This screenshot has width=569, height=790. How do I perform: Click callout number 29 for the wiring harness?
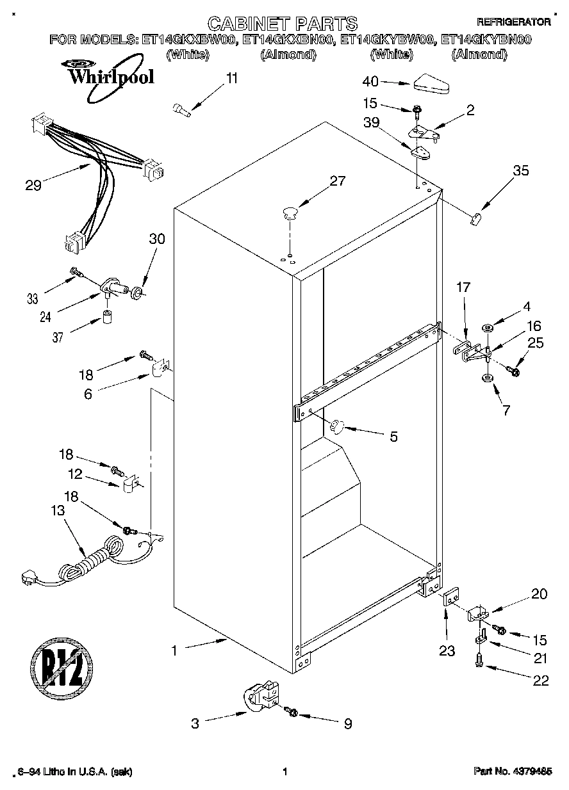pos(33,186)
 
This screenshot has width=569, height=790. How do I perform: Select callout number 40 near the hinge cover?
pos(370,81)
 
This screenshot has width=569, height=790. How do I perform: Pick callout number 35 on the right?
pos(521,170)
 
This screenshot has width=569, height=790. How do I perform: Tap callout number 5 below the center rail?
pos(393,437)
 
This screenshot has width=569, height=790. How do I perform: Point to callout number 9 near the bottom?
pos(348,724)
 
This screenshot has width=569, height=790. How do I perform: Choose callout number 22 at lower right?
pos(541,681)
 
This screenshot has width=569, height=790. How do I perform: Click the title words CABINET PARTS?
pos(283,24)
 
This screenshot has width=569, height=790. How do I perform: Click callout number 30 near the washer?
pos(156,239)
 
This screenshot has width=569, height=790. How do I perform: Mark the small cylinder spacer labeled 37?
pos(107,318)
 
